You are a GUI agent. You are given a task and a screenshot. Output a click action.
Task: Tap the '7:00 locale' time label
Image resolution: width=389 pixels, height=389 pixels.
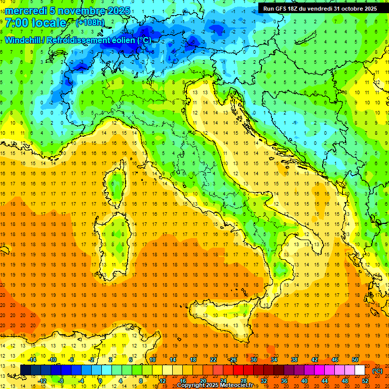(35, 23)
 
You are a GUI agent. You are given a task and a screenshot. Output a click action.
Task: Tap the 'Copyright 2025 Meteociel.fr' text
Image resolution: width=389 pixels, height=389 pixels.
(215, 385)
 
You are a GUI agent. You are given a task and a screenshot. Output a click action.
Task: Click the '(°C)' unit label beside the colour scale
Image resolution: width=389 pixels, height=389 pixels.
(377, 371)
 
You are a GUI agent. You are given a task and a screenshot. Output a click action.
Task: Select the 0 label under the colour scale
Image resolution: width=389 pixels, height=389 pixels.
(100, 381)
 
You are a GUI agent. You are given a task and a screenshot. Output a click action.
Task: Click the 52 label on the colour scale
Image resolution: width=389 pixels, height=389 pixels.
(365, 381)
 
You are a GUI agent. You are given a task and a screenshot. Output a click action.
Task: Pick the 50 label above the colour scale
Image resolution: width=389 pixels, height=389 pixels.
(355, 360)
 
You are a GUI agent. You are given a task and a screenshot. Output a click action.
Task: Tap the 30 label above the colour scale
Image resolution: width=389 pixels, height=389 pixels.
(253, 360)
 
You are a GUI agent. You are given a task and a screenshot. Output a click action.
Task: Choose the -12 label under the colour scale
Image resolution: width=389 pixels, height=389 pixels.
(43, 381)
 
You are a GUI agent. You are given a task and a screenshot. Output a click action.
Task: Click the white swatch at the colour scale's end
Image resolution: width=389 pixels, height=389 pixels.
(360, 370)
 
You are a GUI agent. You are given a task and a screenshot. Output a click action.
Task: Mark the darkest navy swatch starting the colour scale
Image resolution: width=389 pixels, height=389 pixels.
(25, 370)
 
